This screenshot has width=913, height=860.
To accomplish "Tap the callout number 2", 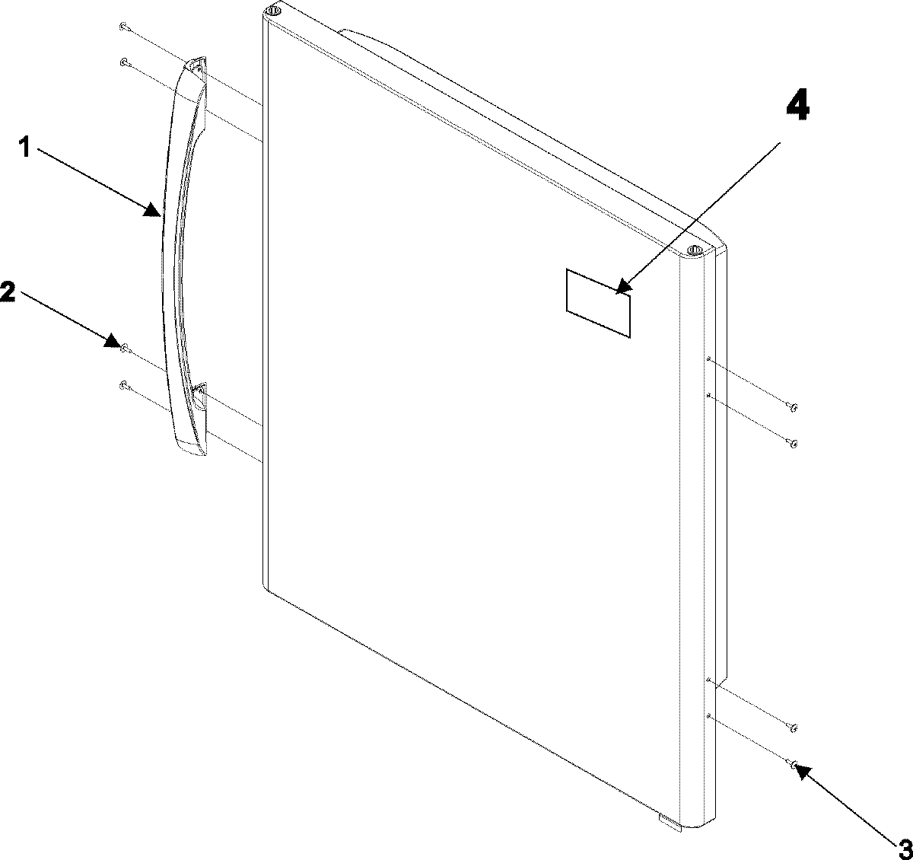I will (x=7, y=290).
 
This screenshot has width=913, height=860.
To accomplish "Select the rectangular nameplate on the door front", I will (x=598, y=302).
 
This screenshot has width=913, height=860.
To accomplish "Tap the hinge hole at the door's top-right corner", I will (x=693, y=250).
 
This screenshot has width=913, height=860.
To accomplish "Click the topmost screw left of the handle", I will (x=122, y=27).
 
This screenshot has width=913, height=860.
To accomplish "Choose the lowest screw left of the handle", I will (x=122, y=386).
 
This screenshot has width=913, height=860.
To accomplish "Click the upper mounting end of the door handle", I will (x=196, y=67).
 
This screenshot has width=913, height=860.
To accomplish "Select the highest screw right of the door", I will (x=793, y=407).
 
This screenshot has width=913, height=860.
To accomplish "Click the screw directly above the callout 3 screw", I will (x=793, y=728).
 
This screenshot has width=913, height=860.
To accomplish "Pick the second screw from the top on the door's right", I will (x=793, y=443).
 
